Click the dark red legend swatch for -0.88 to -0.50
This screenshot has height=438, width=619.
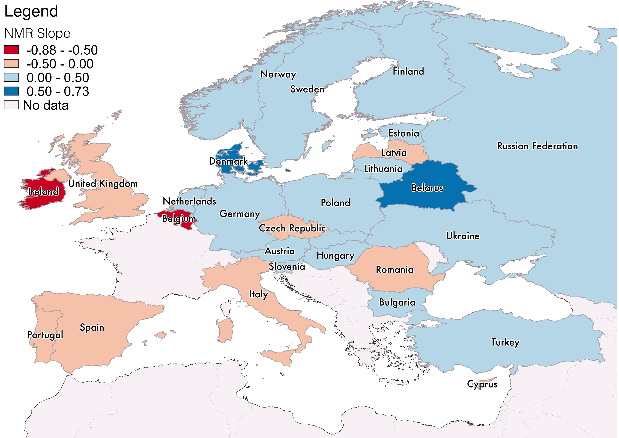11,50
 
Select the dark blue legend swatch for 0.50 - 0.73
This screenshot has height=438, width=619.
11,91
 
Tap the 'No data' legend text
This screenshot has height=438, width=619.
46,105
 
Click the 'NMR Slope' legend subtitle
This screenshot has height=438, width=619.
37,33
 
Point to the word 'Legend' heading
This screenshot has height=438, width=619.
31,11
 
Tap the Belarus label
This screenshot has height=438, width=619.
427,188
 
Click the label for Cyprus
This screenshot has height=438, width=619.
482,384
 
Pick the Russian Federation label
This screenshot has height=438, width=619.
537,146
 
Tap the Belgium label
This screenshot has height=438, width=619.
179,218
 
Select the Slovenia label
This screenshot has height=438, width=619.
287,267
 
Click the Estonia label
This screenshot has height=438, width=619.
404,133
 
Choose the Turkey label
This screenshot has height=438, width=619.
505,342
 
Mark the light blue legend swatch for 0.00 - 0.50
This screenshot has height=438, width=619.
11,77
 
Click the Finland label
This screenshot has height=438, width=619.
408,71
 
